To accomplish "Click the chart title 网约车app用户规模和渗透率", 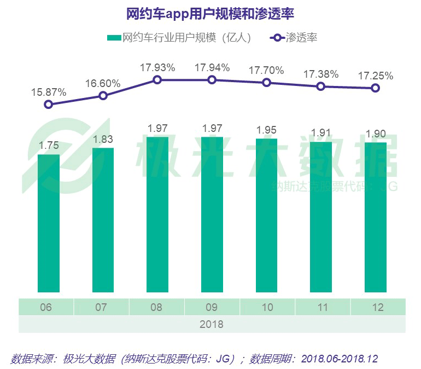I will click(x=210, y=13).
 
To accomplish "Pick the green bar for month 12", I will click(x=376, y=217).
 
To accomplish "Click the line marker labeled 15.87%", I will click(x=48, y=104).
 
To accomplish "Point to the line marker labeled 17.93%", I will click(x=157, y=80).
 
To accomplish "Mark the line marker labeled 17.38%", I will click(x=321, y=87).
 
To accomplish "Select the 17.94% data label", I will click(x=212, y=68).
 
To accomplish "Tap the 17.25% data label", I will click(x=376, y=76).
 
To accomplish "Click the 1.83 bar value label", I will click(x=103, y=140).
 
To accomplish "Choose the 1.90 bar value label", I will click(x=376, y=134).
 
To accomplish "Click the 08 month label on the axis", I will click(x=156, y=308).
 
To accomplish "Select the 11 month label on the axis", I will click(x=323, y=308).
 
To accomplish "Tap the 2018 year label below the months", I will click(x=212, y=324).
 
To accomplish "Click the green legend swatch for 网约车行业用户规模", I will click(x=114, y=38).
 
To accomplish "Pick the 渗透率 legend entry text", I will click(x=301, y=38).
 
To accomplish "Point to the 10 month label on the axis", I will click(x=267, y=308).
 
